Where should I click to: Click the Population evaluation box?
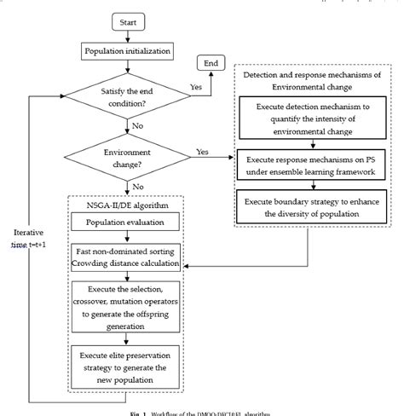131,223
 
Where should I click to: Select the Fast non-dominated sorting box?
131,257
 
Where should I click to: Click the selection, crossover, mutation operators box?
131,303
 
